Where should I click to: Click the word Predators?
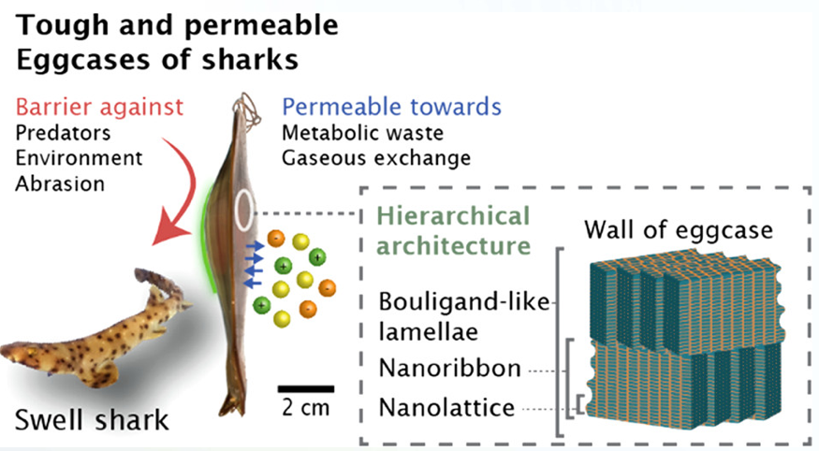coord(63,133)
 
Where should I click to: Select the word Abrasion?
coord(60,183)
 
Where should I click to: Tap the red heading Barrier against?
coord(99,107)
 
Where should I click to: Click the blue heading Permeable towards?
coord(392,107)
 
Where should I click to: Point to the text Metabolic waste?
coord(362,133)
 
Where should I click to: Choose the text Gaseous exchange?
coord(376,158)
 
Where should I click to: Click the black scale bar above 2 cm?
coord(306,389)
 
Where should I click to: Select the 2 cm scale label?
coord(306,408)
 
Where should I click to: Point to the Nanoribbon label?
coord(449,369)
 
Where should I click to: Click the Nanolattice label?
coord(446,408)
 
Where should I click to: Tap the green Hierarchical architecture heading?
coord(453,231)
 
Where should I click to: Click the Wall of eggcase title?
coord(679,229)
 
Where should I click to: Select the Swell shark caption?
coord(92,420)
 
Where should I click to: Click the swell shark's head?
coord(23,354)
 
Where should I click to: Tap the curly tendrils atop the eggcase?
coord(247,109)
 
